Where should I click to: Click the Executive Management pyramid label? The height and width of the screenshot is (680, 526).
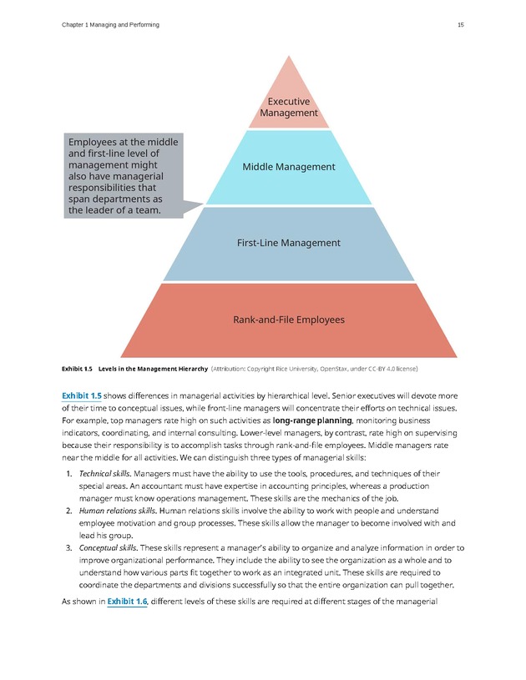tap(289, 107)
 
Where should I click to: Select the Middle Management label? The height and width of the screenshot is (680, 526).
tap(289, 167)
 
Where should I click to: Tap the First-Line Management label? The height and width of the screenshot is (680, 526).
tap(289, 243)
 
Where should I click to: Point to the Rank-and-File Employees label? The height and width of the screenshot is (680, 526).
tap(289, 320)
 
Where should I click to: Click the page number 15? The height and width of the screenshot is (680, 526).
tap(460, 25)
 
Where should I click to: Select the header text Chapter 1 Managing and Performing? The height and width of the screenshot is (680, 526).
tap(110, 25)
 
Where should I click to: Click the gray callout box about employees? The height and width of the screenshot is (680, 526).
tap(123, 176)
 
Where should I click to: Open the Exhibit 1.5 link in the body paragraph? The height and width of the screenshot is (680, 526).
tap(82, 395)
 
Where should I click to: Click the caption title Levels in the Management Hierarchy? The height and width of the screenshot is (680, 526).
tap(153, 368)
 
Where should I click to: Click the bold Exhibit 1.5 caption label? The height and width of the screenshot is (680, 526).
tap(78, 368)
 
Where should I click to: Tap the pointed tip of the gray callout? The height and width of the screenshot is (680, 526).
tap(203, 204)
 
